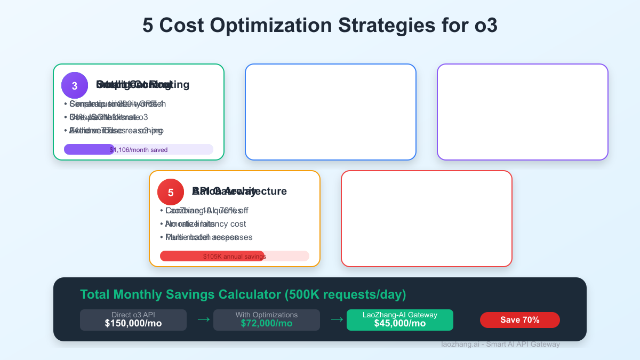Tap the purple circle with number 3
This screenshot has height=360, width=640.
tap(75, 85)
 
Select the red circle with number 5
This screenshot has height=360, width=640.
tap(171, 192)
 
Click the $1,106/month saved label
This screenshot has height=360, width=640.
tap(139, 150)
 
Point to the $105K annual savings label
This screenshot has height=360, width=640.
tap(235, 257)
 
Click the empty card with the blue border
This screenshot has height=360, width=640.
tap(331, 111)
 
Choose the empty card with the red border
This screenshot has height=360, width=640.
tap(427, 218)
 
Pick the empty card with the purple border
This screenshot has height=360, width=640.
tap(523, 111)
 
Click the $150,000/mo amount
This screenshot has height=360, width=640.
tap(133, 323)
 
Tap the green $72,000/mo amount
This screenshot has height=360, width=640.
tap(267, 323)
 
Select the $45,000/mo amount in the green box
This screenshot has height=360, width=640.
tap(400, 323)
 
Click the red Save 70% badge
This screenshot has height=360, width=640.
tap(520, 320)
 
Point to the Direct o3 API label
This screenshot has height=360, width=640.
tap(133, 315)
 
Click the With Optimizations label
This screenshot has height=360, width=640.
tap(267, 315)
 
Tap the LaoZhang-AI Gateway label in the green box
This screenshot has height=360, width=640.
tap(400, 315)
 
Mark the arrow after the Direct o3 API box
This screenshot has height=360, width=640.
tap(204, 319)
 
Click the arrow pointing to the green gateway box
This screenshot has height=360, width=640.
tap(337, 319)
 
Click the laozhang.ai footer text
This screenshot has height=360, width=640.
tap(501, 345)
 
